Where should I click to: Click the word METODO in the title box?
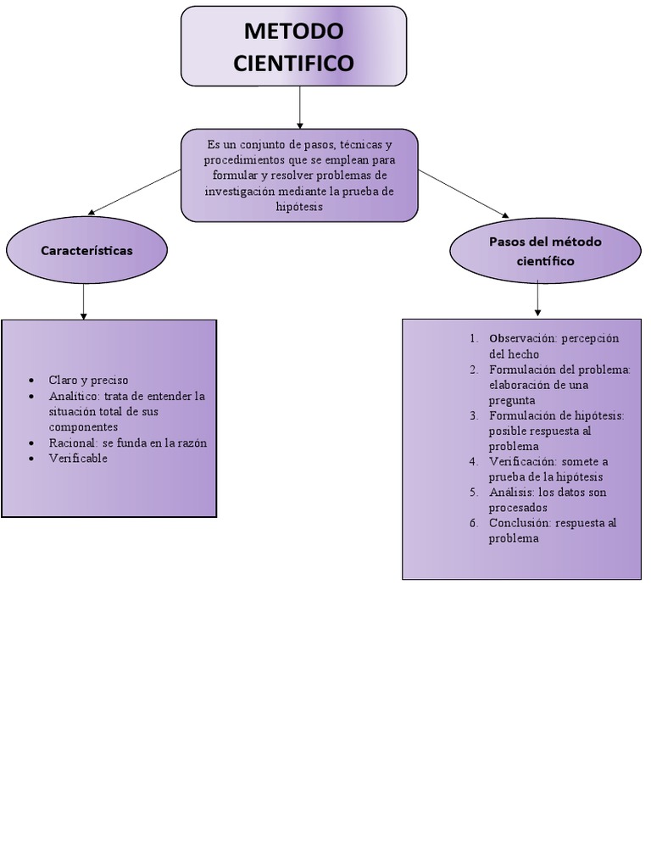[293, 31]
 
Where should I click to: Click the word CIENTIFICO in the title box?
[293, 63]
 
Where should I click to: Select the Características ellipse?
[86, 251]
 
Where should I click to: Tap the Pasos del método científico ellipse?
[545, 251]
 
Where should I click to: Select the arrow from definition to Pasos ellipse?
[464, 193]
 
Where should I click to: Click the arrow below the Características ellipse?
[83, 301]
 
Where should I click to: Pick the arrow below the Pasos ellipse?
[537, 298]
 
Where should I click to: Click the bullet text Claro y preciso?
[88, 381]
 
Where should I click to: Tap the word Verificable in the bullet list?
[78, 459]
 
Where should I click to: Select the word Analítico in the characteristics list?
[74, 396]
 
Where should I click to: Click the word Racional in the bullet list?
[74, 443]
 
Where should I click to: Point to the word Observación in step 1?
[521, 338]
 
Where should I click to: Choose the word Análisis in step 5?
[512, 492]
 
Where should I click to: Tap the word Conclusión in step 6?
[519, 523]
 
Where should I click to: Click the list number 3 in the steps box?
[473, 415]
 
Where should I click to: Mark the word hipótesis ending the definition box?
[299, 208]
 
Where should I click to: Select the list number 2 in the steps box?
[473, 370]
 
